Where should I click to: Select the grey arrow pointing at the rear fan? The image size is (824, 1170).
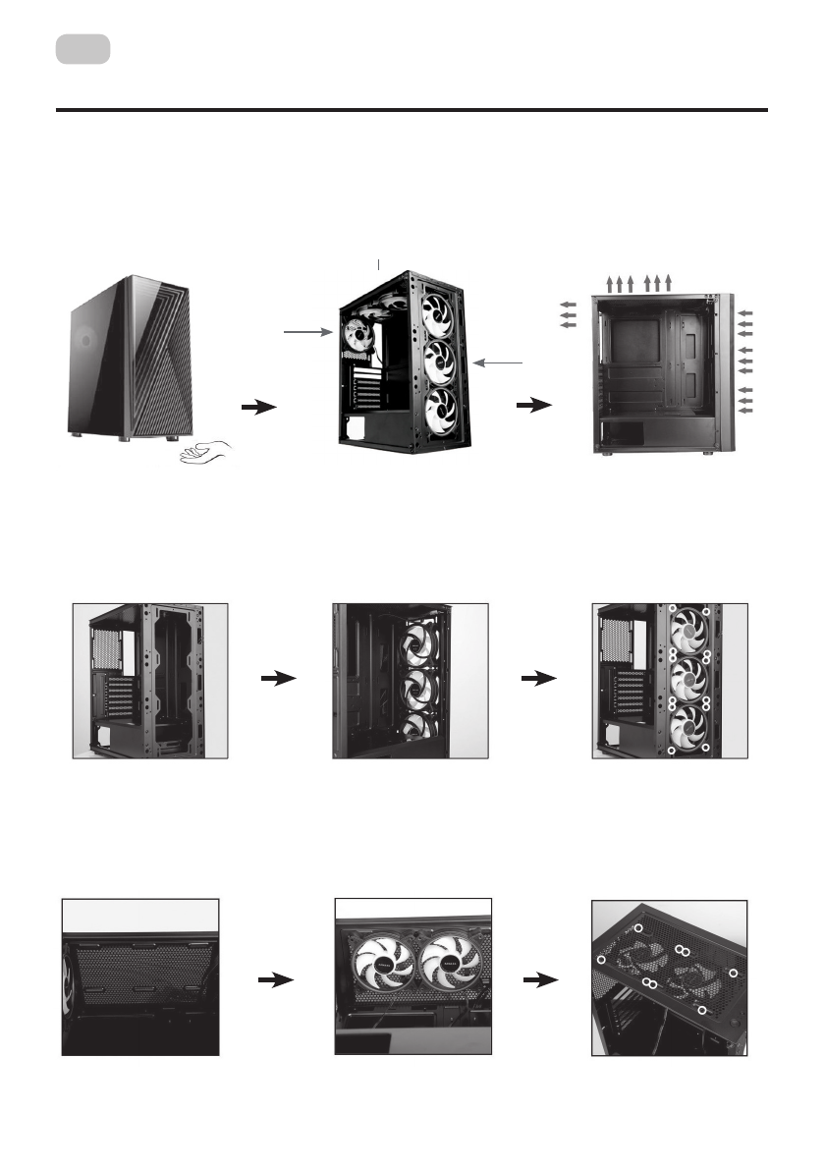(x=307, y=334)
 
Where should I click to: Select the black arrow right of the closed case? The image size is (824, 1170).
(x=257, y=407)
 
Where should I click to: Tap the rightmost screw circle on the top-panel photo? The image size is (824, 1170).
(x=734, y=974)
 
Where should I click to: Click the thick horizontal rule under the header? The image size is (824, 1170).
(x=411, y=111)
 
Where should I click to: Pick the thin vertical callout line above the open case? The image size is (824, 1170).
(x=380, y=263)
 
